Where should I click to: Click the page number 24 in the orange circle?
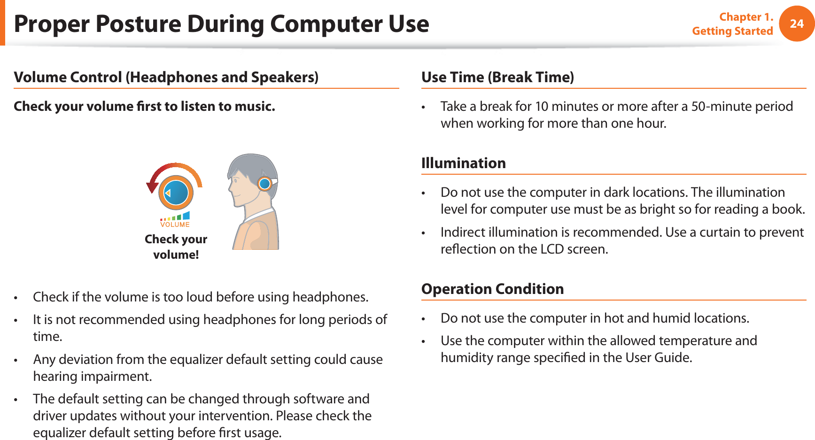[x=797, y=23]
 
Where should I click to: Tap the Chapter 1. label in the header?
[x=746, y=17]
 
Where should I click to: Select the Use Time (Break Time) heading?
[x=497, y=77]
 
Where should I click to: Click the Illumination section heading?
[x=463, y=163]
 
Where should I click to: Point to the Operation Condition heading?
[x=492, y=289]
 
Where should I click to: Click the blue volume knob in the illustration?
[x=176, y=193]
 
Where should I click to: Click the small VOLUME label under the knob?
[x=175, y=225]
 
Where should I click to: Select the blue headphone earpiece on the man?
[x=265, y=184]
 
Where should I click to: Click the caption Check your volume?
[x=176, y=247]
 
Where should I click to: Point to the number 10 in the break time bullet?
[x=542, y=107]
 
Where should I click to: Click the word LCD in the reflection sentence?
[x=552, y=249]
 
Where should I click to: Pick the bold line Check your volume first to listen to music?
[x=144, y=107]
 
